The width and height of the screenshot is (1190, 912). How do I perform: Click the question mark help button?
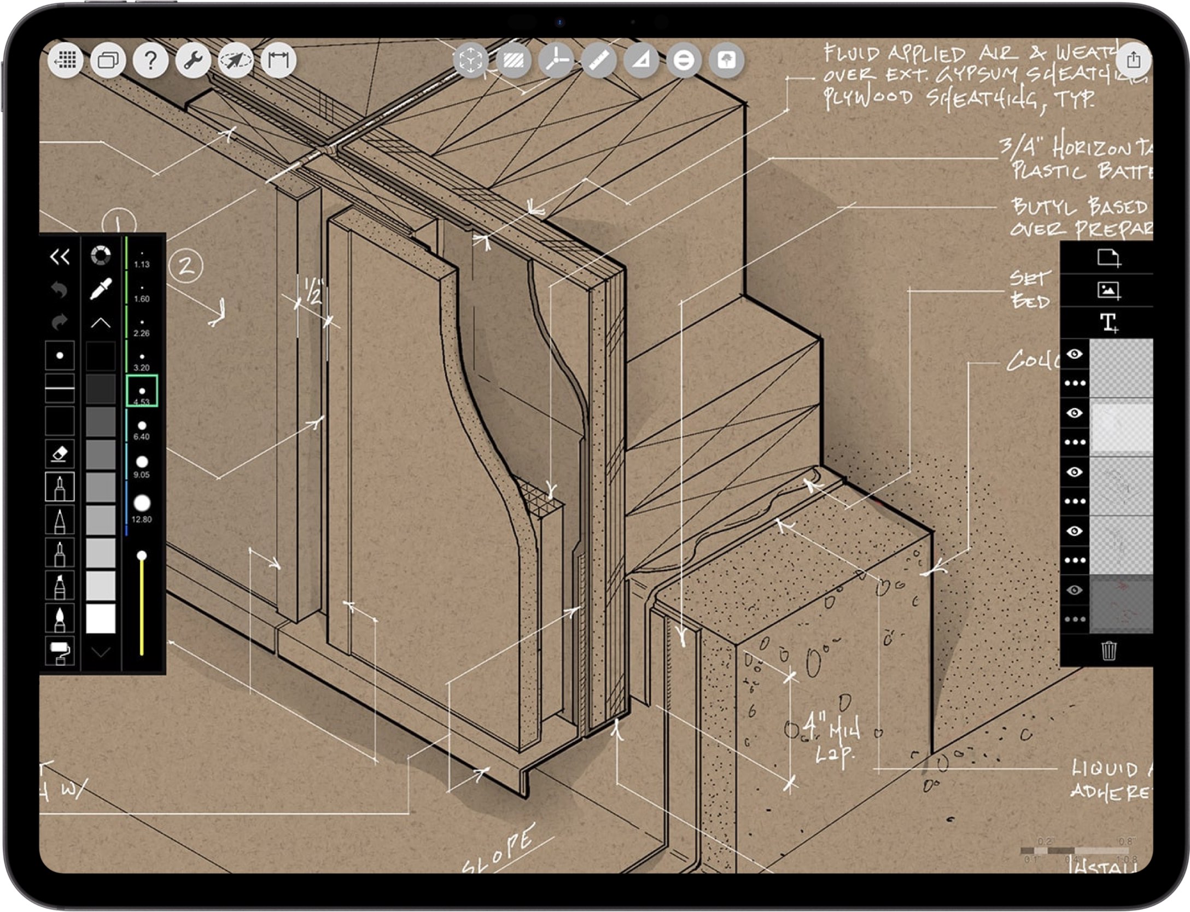point(150,60)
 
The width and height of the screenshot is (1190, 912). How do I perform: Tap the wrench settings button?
point(193,60)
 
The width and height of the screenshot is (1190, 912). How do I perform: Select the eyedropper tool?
point(101,289)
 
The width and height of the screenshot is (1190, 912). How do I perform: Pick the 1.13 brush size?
point(142,257)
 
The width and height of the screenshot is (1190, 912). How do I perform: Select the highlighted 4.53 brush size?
point(142,391)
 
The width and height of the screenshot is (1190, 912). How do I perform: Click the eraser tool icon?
point(60,454)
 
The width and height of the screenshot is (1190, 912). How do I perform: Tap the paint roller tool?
point(60,651)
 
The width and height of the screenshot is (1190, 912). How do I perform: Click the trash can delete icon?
point(1109,651)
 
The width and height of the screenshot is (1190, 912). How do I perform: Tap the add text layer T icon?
point(1109,322)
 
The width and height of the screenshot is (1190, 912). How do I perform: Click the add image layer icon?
point(1109,290)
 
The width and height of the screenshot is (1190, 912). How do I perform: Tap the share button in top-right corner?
point(1133,60)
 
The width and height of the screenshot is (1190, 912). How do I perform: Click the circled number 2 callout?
point(186,266)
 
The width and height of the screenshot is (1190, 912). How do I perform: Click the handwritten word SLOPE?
point(497,848)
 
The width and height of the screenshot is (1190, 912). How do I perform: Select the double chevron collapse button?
point(60,256)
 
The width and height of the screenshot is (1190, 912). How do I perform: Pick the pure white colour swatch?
point(101,618)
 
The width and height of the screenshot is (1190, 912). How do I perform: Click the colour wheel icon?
point(101,255)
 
